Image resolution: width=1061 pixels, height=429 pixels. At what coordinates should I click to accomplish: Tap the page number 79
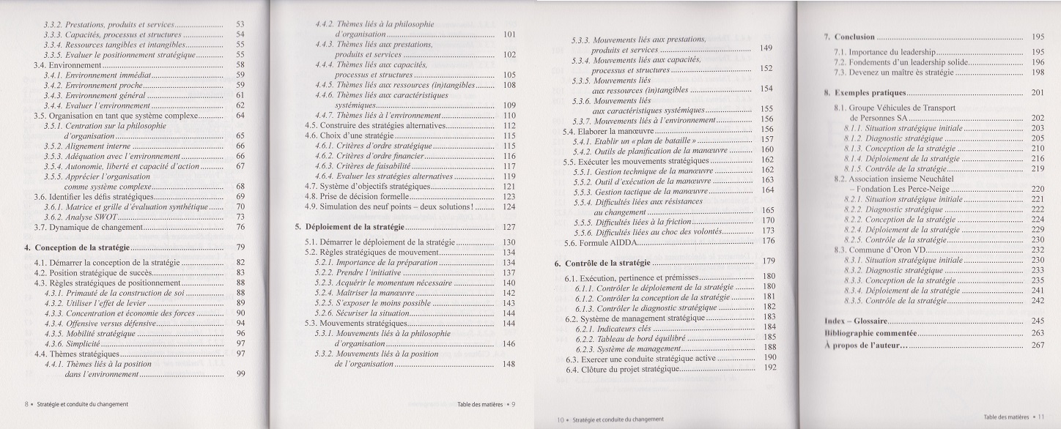(240, 247)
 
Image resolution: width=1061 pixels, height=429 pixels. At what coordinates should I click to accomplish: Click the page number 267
(1037, 345)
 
